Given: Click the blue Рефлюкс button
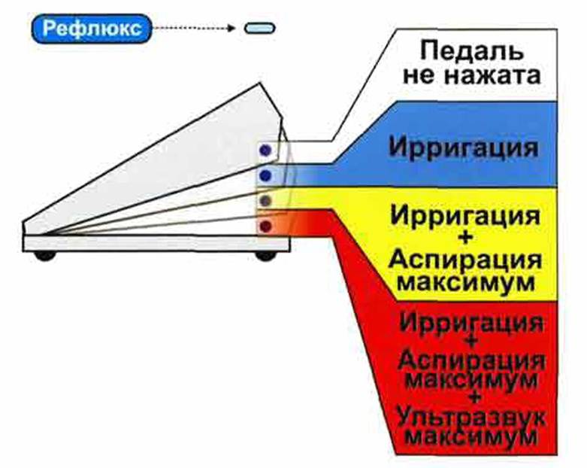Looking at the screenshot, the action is tap(92, 29).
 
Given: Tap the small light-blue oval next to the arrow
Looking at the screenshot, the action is tap(260, 29).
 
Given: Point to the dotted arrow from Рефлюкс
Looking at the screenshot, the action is tap(194, 29).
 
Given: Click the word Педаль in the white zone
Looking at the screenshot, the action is tap(471, 50).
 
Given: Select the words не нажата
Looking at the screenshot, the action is tap(471, 75).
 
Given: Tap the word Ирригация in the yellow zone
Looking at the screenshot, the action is tap(465, 216).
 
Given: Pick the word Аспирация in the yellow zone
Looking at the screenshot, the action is tap(465, 260).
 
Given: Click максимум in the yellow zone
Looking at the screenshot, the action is tap(465, 282).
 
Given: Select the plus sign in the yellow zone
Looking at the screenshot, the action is tap(465, 239).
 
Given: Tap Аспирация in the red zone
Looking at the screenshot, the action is tap(471, 361).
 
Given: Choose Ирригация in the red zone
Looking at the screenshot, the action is tap(471, 322).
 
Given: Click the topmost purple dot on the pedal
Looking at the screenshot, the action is tap(265, 150).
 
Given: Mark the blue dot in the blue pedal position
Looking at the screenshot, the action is tap(265, 175).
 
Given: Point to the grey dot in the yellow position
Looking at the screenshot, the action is tap(265, 201).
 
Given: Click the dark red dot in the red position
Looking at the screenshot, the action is tap(265, 226).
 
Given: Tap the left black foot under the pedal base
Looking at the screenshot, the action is tap(45, 257).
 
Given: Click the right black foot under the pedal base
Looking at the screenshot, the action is tap(265, 257).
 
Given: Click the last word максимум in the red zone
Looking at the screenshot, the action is tap(471, 437).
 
